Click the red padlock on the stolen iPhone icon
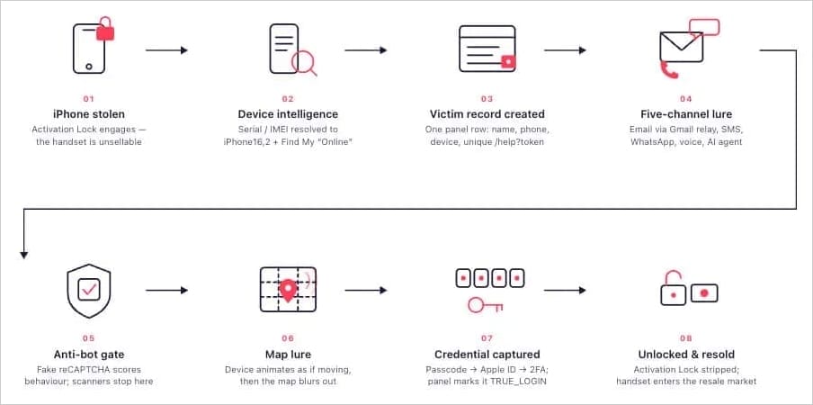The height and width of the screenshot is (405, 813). pos(105,30)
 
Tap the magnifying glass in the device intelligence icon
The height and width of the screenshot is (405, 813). pos(303,63)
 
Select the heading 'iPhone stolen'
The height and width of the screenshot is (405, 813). pos(89,114)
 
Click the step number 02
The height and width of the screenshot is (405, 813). pos(288,98)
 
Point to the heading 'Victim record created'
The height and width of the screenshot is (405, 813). pos(487,114)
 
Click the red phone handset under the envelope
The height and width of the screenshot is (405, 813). pos(669,70)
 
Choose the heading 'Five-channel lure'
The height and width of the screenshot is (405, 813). pos(686,114)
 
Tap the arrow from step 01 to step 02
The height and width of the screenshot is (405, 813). pos(166,50)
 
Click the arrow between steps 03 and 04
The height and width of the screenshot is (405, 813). pos(565,50)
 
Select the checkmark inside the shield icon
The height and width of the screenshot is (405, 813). pos(89,290)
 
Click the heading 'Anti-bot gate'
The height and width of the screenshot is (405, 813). pos(89,355)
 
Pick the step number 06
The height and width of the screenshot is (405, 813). pos(288,338)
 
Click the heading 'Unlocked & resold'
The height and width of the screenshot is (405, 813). pos(686,355)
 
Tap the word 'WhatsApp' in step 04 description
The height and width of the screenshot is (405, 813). pos(650,141)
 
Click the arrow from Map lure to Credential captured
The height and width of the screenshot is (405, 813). pos(366,291)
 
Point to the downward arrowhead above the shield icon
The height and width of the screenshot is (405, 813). pos(23,255)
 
